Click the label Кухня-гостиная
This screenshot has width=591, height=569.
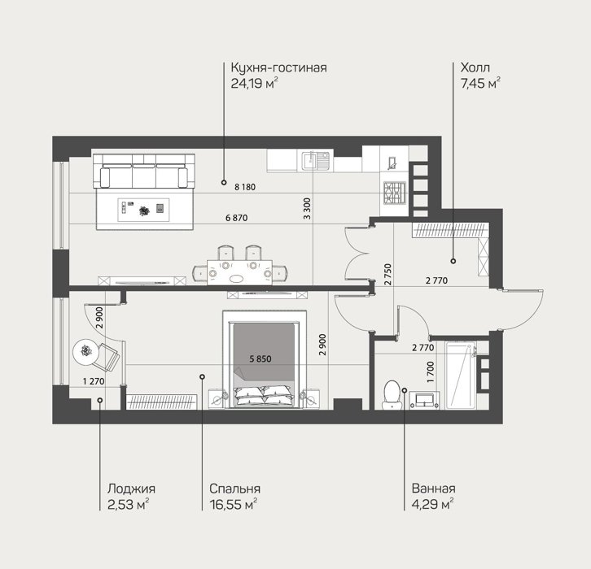(278, 67)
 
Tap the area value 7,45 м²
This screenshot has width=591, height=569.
(480, 83)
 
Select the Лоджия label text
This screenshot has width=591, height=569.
(131, 489)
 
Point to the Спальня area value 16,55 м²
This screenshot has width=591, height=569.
(234, 504)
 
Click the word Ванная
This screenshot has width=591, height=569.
(433, 489)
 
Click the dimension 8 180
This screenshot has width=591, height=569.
(245, 187)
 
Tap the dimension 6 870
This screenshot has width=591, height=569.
(237, 218)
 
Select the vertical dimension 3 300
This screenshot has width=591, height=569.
(307, 209)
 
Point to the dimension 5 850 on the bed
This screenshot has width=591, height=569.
(260, 359)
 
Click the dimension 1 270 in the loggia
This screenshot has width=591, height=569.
(94, 381)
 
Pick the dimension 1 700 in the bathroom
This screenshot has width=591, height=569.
(431, 372)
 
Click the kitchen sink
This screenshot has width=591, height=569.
(316, 161)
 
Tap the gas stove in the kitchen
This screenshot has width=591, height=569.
(394, 193)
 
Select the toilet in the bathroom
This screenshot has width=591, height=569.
(391, 395)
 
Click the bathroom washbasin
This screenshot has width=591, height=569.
(424, 400)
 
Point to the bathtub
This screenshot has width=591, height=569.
(461, 375)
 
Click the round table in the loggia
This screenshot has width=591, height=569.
(86, 352)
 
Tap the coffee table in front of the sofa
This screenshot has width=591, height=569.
(143, 210)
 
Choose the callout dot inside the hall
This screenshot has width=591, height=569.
(453, 261)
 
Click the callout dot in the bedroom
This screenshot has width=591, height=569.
(202, 376)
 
